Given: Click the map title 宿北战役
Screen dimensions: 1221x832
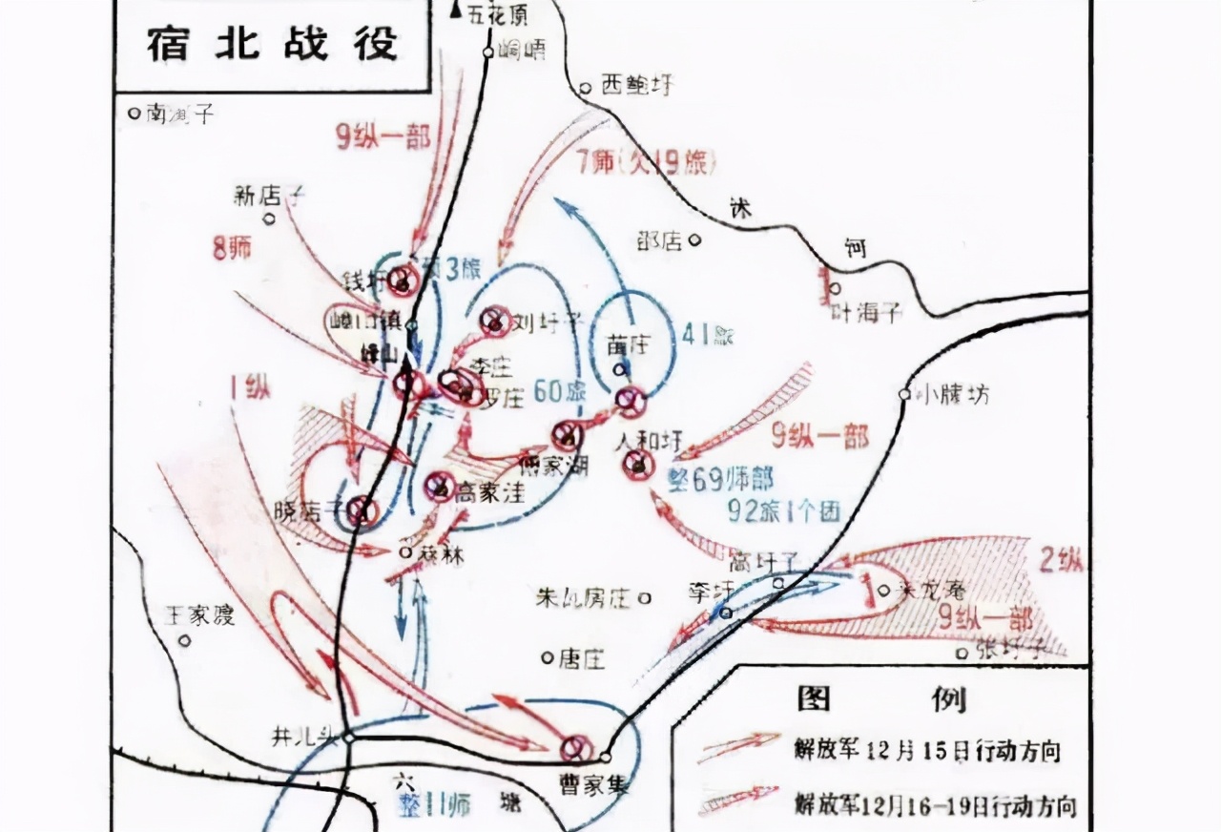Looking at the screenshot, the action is tap(272, 43).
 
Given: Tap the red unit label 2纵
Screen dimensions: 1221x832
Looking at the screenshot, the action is tap(1061, 561).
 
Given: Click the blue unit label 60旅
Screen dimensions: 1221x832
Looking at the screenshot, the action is tap(558, 392).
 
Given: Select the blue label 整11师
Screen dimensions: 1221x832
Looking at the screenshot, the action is tap(435, 805).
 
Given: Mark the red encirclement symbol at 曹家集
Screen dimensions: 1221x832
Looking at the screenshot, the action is tap(575, 747).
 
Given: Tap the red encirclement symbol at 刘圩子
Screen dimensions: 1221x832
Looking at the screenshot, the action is tap(495, 321).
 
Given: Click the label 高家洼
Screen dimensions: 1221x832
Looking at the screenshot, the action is tap(489, 491).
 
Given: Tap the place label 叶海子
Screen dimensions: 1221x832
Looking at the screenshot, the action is tap(867, 312).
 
